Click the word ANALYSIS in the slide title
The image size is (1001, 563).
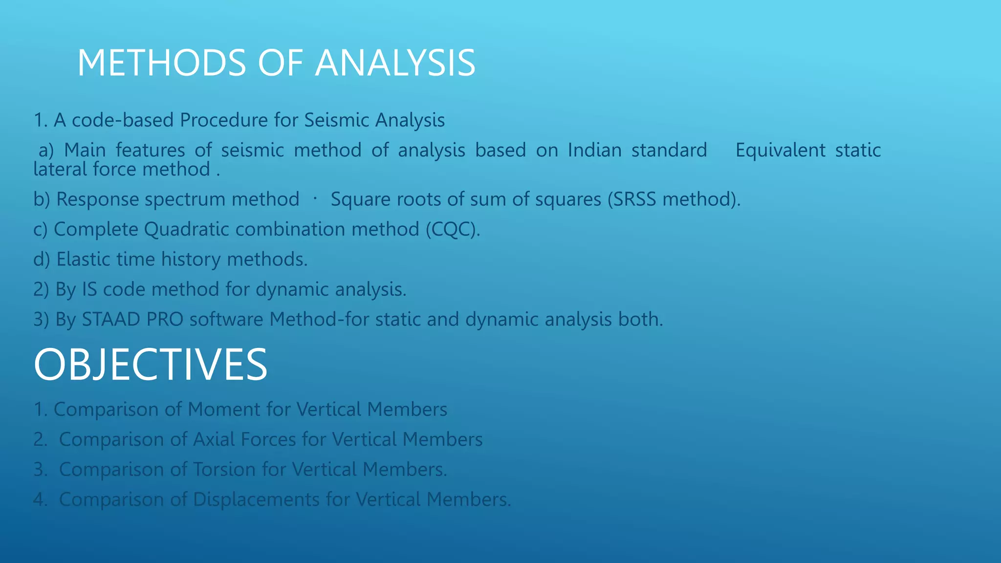395,63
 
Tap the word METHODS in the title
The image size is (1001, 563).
162,63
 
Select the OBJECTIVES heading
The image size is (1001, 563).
151,365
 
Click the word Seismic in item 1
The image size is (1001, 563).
336,120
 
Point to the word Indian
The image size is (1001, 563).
594,150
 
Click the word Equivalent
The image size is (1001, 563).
780,151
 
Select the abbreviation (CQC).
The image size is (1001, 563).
453,229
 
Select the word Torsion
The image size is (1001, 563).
224,470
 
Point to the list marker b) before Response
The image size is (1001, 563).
42,199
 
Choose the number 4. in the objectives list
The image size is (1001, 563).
41,499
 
